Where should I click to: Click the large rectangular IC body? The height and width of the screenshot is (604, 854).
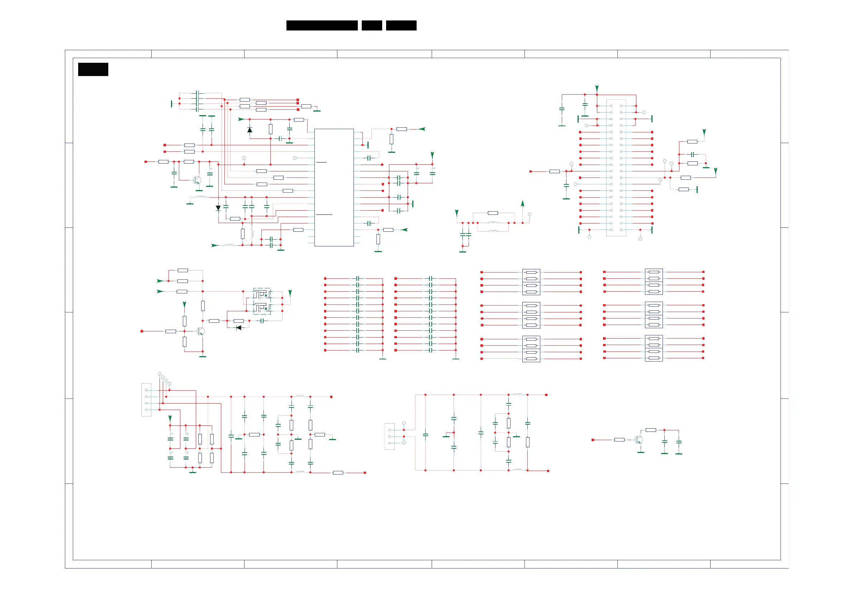click(x=334, y=187)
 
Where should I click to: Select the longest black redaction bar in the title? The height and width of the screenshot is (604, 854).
click(x=322, y=25)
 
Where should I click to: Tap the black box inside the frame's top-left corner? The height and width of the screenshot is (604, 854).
click(x=93, y=69)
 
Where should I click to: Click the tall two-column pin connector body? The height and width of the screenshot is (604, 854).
click(x=616, y=167)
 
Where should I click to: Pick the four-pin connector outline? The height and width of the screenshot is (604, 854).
click(x=146, y=400)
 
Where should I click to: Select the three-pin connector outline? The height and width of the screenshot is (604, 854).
click(x=389, y=436)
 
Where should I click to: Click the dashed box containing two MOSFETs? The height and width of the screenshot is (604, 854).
click(x=262, y=301)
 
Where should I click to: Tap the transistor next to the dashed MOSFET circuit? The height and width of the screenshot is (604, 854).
click(x=201, y=331)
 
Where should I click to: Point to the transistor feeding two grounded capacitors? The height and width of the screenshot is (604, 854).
click(x=638, y=440)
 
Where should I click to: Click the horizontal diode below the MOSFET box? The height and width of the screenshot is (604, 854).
click(x=239, y=328)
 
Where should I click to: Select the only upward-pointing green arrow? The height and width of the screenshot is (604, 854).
click(x=523, y=203)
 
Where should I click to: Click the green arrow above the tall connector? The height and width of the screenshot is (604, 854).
click(x=597, y=88)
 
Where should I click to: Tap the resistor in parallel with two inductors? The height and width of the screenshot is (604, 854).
click(x=493, y=213)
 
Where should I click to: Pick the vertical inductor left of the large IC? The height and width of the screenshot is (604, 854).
click(x=252, y=234)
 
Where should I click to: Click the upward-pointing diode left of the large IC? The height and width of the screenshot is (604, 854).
click(x=250, y=130)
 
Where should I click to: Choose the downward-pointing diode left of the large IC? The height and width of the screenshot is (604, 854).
click(x=218, y=208)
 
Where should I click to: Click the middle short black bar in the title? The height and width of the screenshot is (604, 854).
click(x=371, y=25)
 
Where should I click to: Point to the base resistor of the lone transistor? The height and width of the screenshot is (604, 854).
click(x=619, y=440)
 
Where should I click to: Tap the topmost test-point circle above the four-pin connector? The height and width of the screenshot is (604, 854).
click(x=160, y=374)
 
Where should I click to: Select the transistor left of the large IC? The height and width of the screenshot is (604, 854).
click(x=197, y=180)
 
